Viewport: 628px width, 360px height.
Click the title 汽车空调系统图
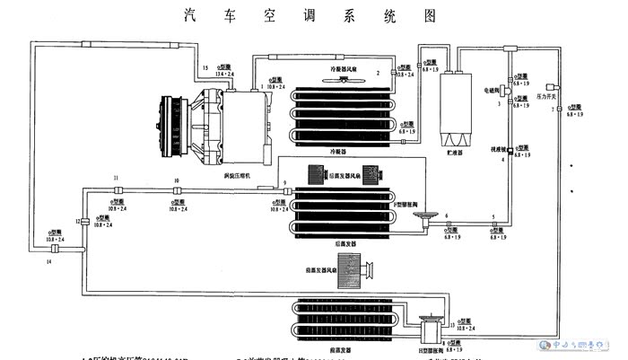pos(315,15)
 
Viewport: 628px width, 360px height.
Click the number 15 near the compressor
pos(205,68)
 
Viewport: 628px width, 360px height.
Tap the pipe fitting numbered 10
pos(177,192)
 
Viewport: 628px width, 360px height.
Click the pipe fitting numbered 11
pos(117,192)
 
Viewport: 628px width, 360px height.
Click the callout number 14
pos(49,261)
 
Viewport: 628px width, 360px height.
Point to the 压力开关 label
pos(545,94)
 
